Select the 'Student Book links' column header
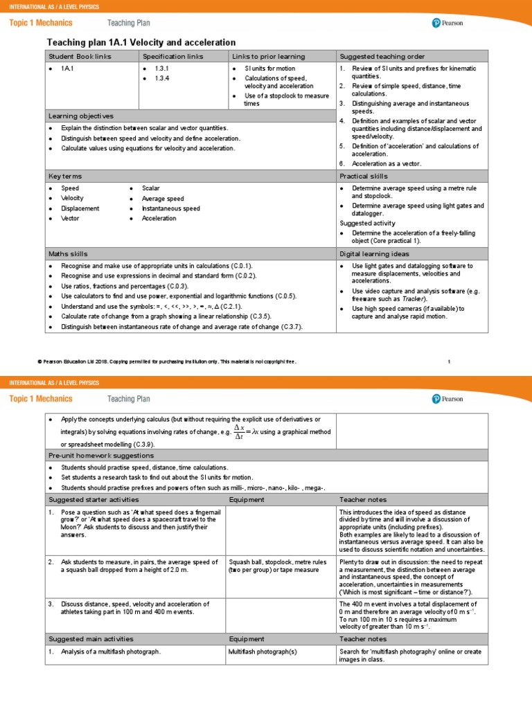click(x=80, y=56)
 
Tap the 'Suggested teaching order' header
click(x=382, y=56)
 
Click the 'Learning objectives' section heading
click(x=81, y=116)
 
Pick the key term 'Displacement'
click(x=80, y=208)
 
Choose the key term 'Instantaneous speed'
click(x=171, y=208)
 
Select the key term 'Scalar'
click(x=151, y=188)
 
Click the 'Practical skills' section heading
click(x=364, y=176)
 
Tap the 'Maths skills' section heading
click(x=68, y=254)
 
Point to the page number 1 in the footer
click(x=449, y=361)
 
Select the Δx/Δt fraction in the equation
click(x=239, y=432)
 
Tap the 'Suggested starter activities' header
click(x=94, y=499)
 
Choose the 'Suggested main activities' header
click(x=91, y=639)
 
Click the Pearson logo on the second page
click(x=447, y=398)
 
